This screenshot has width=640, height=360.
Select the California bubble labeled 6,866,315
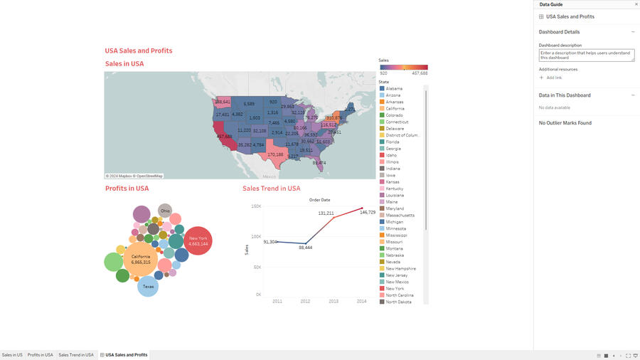pyautogui.click(x=141, y=260)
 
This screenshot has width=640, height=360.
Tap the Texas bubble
pyautogui.click(x=148, y=286)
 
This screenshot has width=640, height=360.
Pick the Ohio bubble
pyautogui.click(x=165, y=211)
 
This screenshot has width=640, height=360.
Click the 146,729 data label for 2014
pyautogui.click(x=368, y=212)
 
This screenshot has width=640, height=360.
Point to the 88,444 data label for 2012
pyautogui.click(x=305, y=248)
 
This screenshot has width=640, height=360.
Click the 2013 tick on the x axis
pyautogui.click(x=334, y=302)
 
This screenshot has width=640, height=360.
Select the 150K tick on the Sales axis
pyautogui.click(x=256, y=206)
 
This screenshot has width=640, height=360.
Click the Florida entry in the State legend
pyautogui.click(x=393, y=142)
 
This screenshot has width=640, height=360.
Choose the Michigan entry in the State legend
pyautogui.click(x=394, y=222)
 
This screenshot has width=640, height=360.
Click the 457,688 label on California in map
pyautogui.click(x=224, y=137)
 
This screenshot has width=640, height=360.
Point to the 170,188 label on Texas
pyautogui.click(x=275, y=154)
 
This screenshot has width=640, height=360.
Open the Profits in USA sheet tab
pyautogui.click(x=41, y=354)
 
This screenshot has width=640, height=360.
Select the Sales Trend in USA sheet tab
pyautogui.click(x=76, y=354)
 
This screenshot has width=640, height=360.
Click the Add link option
pyautogui.click(x=554, y=78)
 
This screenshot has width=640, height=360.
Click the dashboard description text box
pyautogui.click(x=586, y=55)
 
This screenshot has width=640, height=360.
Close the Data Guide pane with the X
pyautogui.click(x=636, y=4)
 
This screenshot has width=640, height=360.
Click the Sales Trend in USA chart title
pyautogui.click(x=271, y=189)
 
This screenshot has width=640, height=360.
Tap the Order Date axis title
pyautogui.click(x=319, y=200)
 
